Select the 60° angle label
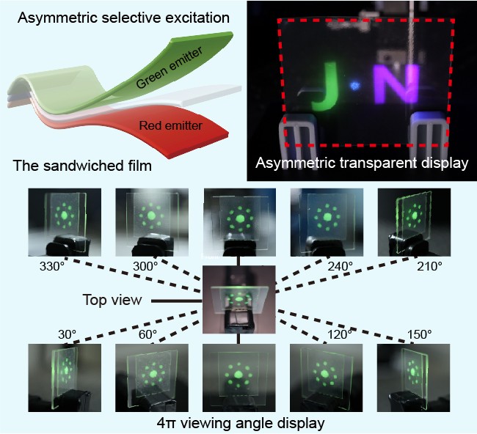(148, 333)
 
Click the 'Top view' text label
(111, 300)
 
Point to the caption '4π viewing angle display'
(240, 423)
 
